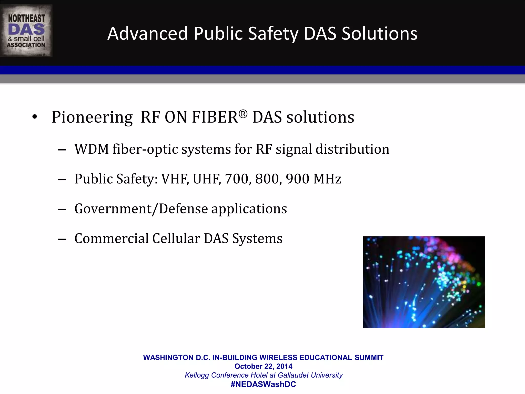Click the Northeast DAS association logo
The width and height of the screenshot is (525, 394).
coord(26,31)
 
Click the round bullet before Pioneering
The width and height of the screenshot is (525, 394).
coord(35,117)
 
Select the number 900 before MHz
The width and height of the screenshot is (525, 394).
coord(298,179)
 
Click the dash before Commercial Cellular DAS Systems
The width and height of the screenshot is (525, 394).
coord(62,239)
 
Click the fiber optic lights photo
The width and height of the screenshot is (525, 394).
coord(424,282)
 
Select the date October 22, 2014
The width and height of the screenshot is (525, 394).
coord(263,366)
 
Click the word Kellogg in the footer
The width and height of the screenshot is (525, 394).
coord(197,375)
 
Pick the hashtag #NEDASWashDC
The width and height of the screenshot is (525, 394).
coord(263,384)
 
